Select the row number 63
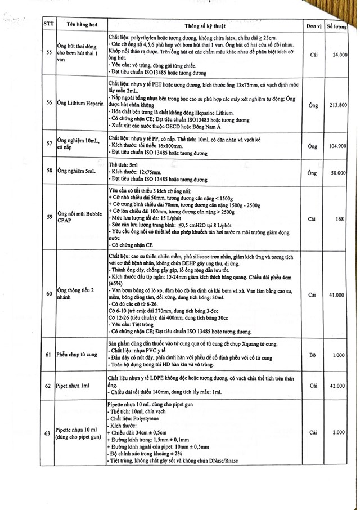(48, 433)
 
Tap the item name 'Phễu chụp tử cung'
(81, 355)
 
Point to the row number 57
(48, 146)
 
